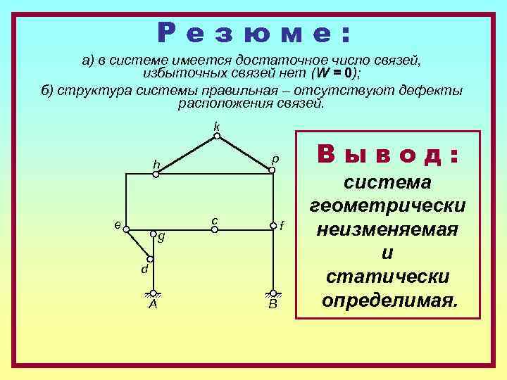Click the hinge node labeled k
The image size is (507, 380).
click(217, 136)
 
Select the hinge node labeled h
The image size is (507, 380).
click(156, 174)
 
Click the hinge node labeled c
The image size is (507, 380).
click(214, 228)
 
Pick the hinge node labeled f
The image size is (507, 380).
click(273, 226)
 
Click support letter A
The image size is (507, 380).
click(153, 305)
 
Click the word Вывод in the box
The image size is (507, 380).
click(389, 154)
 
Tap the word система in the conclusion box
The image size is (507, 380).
click(388, 182)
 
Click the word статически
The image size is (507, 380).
click(388, 277)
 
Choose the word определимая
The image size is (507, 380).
click(388, 301)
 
